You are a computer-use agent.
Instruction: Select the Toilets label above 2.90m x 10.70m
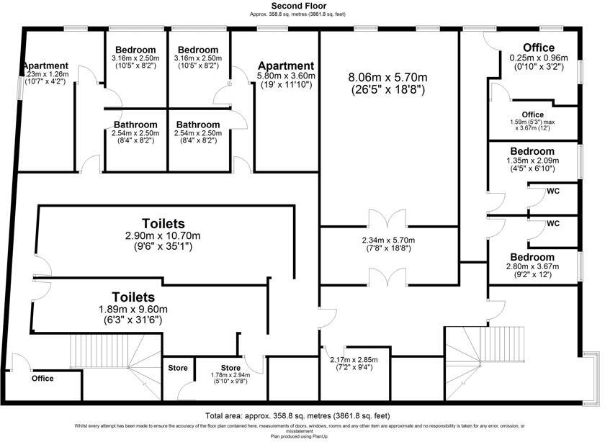pyautogui.click(x=163, y=224)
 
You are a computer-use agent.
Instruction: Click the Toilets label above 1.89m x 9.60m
pyautogui.click(x=133, y=297)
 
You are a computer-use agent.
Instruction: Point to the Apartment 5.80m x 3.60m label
pyautogui.click(x=286, y=66)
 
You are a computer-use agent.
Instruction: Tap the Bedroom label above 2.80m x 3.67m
pyautogui.click(x=532, y=257)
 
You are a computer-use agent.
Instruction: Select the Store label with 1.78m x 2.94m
pyautogui.click(x=230, y=368)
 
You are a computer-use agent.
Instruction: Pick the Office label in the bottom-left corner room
pyautogui.click(x=42, y=378)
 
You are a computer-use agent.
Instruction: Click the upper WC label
pyautogui.click(x=553, y=191)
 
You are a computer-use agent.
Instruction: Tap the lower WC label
pyautogui.click(x=553, y=223)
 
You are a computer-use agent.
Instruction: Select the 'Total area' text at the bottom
pyautogui.click(x=297, y=416)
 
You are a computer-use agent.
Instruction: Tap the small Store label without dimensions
pyautogui.click(x=178, y=368)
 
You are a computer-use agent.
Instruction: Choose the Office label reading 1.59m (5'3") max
pyautogui.click(x=533, y=114)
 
